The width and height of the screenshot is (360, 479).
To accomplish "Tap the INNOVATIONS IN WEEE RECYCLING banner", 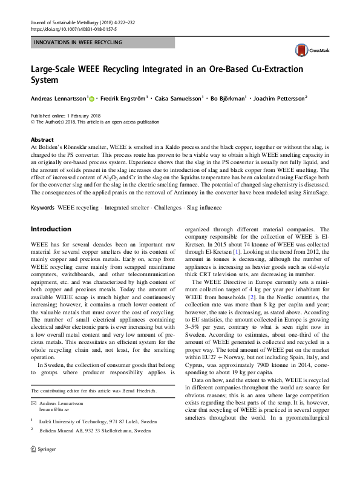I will tap(79, 42).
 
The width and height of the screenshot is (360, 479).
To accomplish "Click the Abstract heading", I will tap(42, 139).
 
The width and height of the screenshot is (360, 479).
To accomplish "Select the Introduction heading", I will tap(51, 229).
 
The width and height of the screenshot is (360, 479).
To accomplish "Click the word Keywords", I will tap(43, 208).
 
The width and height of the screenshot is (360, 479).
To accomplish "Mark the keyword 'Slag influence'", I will tap(205, 208).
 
